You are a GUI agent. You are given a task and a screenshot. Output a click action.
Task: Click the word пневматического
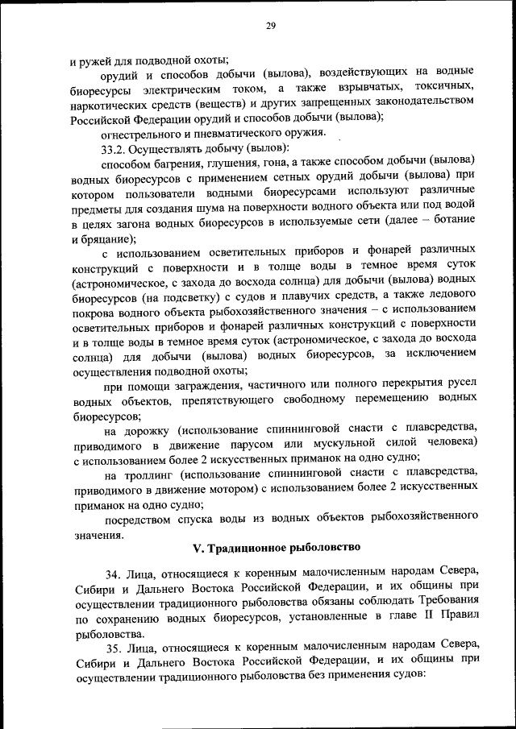coord(244,132)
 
